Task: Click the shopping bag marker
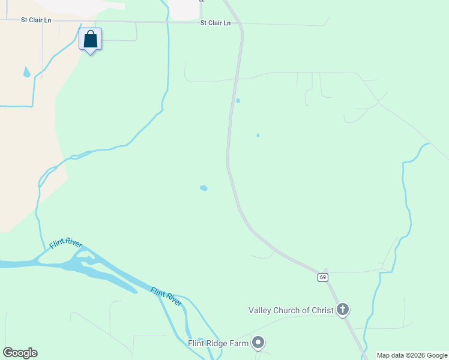click(x=90, y=40)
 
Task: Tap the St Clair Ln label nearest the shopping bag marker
click(x=36, y=20)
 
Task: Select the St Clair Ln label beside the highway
click(x=215, y=23)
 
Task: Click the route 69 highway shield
click(x=323, y=277)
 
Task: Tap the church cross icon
click(x=343, y=310)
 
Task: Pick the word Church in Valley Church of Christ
click(x=290, y=310)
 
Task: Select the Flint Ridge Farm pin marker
click(x=259, y=343)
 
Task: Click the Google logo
click(x=20, y=353)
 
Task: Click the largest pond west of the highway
click(x=203, y=188)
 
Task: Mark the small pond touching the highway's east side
click(x=238, y=100)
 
